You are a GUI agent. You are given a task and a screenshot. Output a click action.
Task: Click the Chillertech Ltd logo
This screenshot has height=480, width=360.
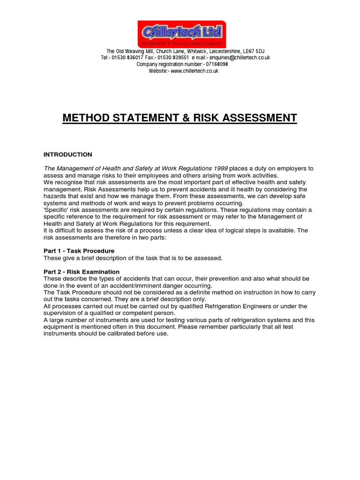tap(181, 34)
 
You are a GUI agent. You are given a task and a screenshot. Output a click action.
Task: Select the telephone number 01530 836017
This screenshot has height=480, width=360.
tap(125, 58)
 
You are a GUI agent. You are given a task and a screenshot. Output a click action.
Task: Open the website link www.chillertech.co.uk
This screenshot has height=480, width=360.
tap(195, 71)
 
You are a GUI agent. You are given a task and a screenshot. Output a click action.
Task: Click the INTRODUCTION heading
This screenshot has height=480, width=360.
tap(68, 155)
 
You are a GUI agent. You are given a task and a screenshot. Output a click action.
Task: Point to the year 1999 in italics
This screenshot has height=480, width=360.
tap(219, 169)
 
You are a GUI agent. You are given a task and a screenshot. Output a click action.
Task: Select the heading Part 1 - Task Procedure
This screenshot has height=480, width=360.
tap(79, 251)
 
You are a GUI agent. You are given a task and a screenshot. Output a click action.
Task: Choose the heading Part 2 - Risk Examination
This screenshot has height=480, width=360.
tap(82, 272)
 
